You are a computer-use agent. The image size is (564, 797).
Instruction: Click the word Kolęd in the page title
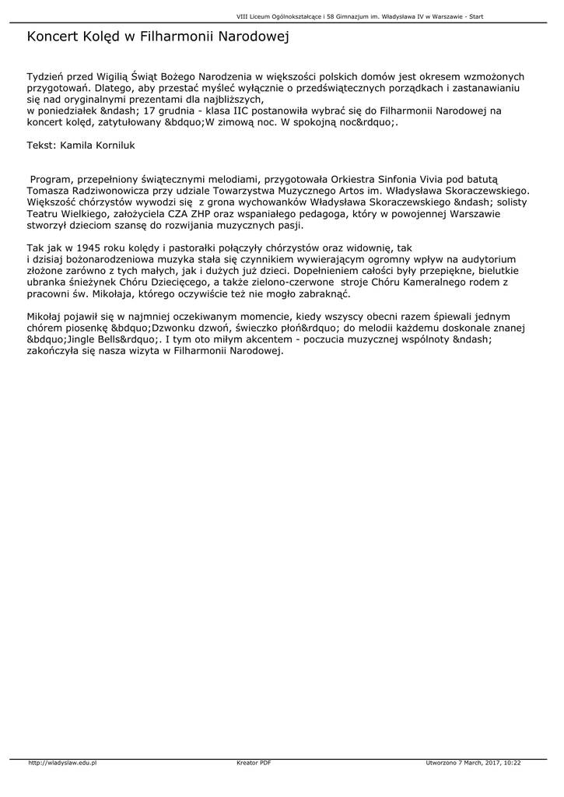tap(103, 37)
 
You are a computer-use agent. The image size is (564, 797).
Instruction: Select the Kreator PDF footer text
tap(254, 763)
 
